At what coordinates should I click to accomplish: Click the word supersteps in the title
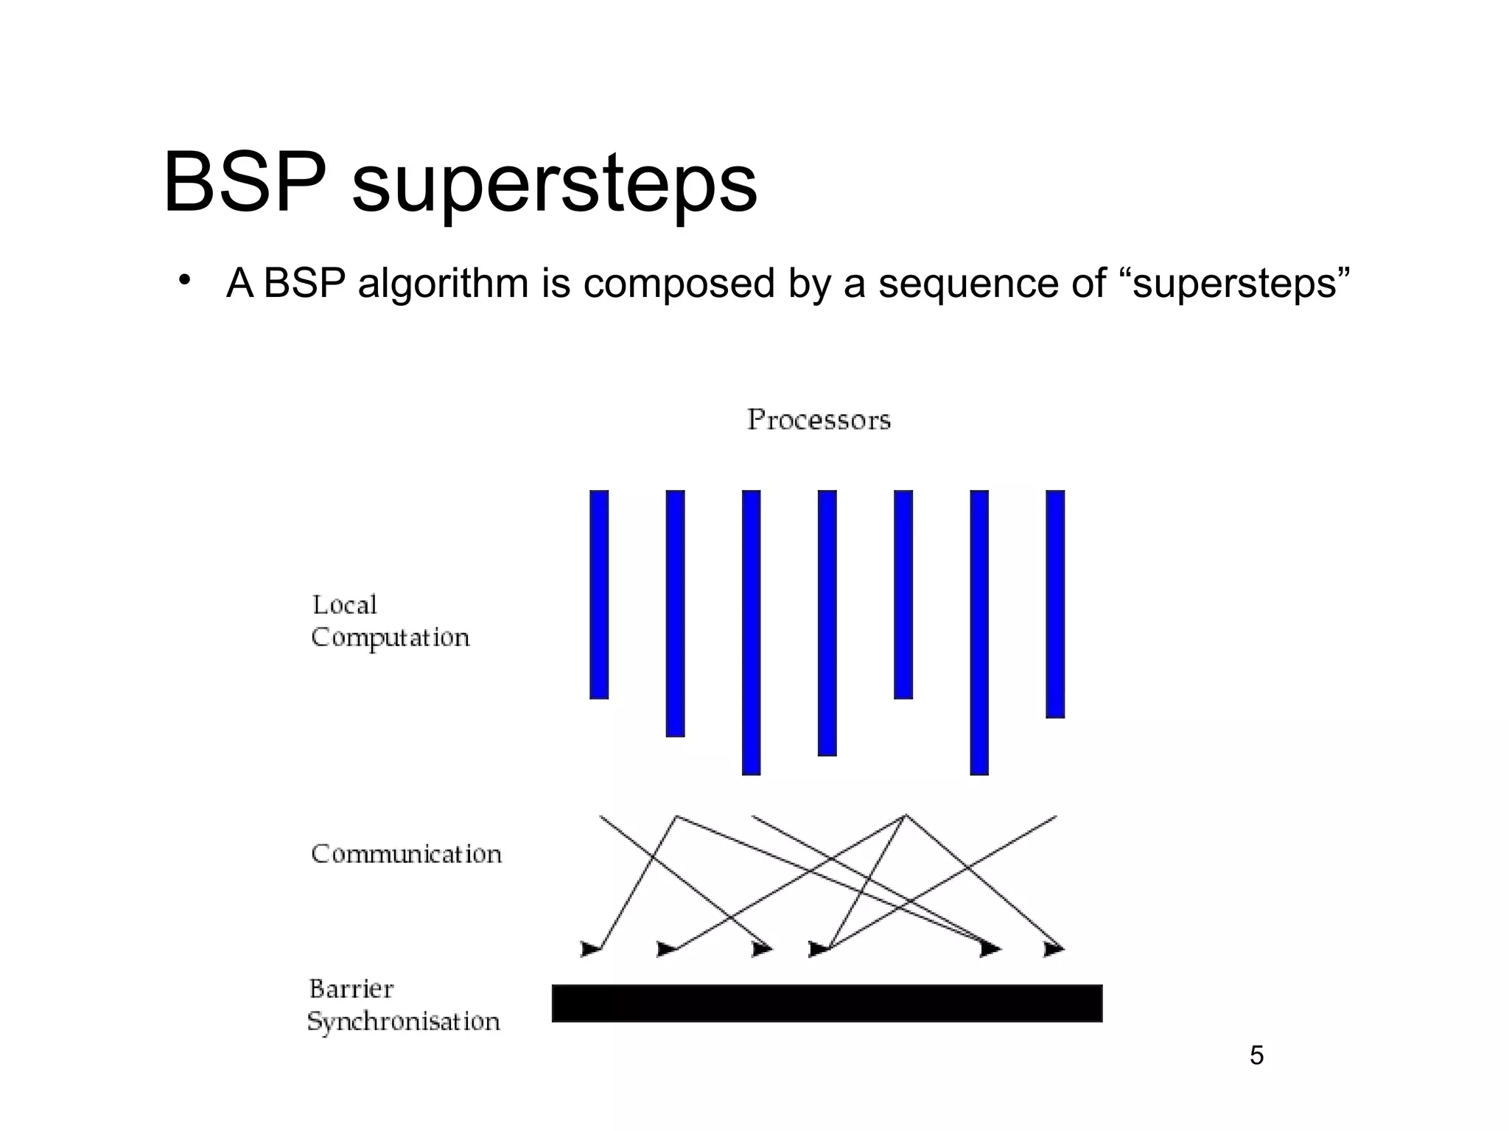tap(554, 184)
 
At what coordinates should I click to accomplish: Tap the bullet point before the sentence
tap(184, 280)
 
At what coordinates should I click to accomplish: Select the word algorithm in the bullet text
tap(443, 283)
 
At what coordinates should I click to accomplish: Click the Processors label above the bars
tap(819, 420)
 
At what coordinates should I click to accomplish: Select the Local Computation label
tap(389, 621)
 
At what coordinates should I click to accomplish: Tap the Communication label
tap(406, 854)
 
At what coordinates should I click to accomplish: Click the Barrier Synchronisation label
tap(403, 1005)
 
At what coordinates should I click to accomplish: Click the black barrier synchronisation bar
tap(827, 1003)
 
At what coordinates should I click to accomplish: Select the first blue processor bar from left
tap(599, 594)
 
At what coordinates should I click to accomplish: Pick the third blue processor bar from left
tap(751, 632)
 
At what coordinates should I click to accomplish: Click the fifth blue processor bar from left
tap(903, 594)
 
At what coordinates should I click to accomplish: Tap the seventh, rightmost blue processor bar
tap(1055, 603)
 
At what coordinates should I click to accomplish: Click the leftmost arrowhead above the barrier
tap(590, 949)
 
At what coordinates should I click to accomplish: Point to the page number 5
tap(1256, 1055)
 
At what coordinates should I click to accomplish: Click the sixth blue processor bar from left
tap(978, 632)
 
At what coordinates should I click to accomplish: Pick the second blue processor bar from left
tap(675, 613)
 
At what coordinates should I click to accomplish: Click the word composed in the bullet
tap(679, 284)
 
